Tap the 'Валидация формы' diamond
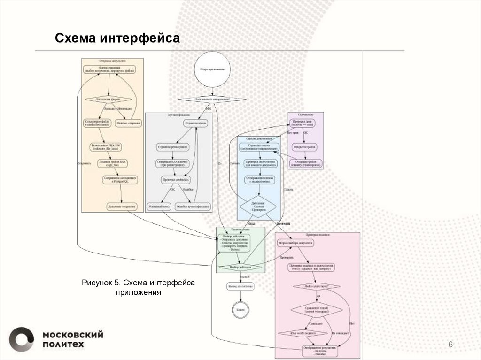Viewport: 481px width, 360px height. (109, 100)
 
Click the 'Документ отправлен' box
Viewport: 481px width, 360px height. (122, 206)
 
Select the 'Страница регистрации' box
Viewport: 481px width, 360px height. (172, 147)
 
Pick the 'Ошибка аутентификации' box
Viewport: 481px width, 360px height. (192, 206)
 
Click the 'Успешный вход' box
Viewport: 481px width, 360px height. (159, 206)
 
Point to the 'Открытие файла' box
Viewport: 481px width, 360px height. (305, 147)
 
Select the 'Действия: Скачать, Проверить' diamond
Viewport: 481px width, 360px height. (258, 207)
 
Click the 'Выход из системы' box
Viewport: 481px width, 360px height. (240, 286)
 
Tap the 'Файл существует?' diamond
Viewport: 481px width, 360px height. (316, 286)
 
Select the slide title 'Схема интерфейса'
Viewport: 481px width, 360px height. (117, 38)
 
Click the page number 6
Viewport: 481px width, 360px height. (450, 345)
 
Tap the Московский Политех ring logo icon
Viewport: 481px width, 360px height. (22, 339)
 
